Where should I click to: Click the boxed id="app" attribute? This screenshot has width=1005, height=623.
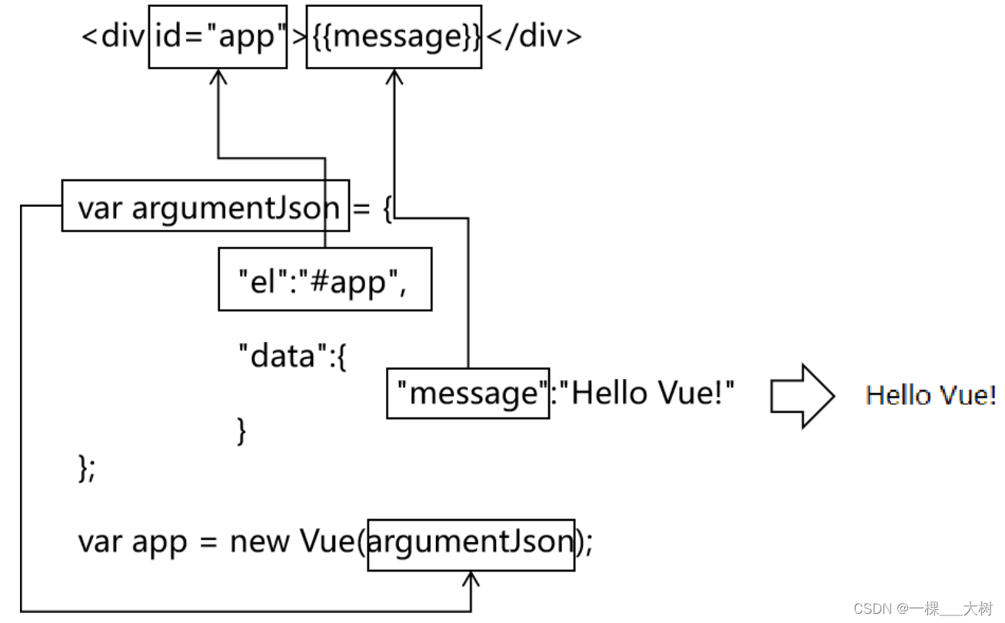point(218,36)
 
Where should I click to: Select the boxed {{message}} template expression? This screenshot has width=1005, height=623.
point(394,36)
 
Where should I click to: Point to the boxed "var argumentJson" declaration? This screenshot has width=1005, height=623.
point(205,206)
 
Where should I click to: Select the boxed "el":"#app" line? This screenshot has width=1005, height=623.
point(324,279)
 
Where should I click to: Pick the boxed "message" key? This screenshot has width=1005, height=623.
point(468,393)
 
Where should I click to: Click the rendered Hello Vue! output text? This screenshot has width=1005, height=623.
point(930,395)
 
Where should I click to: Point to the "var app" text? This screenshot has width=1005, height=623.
point(132,543)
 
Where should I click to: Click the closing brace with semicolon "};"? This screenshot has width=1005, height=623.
point(87,468)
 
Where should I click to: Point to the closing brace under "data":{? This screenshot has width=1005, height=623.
point(241,431)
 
